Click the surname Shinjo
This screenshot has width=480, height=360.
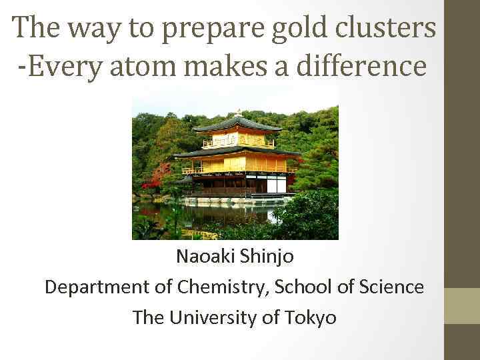coord(268,256)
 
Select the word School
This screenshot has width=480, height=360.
coord(309,287)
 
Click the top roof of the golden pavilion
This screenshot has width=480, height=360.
coord(237,125)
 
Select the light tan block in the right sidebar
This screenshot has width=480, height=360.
coord(461,306)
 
